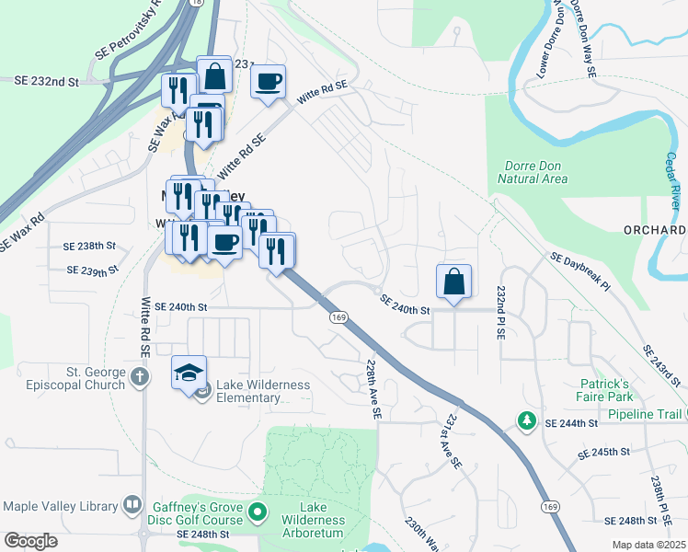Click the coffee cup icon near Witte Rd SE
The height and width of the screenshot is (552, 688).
point(268,82)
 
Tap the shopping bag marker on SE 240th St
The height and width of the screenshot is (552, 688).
point(454,282)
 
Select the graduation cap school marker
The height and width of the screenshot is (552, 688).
point(189,374)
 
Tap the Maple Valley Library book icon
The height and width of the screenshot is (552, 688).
point(133,505)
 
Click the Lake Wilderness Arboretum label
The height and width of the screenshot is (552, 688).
point(308,520)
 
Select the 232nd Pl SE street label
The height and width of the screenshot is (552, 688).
point(502,313)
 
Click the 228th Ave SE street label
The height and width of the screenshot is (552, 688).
point(371,390)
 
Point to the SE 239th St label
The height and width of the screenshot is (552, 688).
point(93,270)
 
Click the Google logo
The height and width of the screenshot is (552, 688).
point(30,541)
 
